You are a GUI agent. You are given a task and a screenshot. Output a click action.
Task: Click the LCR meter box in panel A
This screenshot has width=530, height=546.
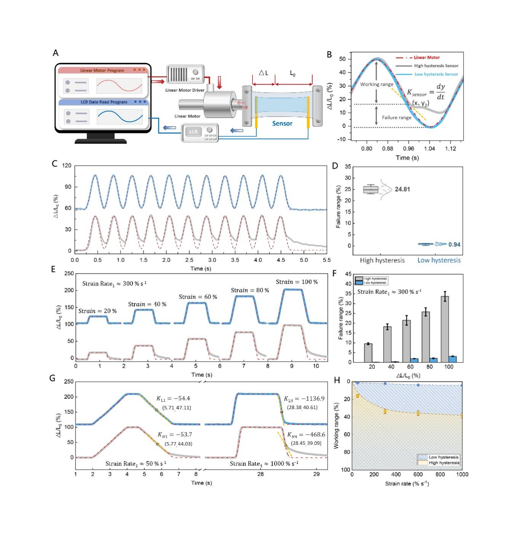(199, 133)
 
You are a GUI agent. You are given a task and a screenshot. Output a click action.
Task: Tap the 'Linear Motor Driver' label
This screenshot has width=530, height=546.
(185, 90)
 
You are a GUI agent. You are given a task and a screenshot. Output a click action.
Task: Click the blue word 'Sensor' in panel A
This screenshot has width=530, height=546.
(282, 123)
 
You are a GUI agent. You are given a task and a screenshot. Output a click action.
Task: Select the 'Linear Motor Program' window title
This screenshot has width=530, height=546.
(102, 70)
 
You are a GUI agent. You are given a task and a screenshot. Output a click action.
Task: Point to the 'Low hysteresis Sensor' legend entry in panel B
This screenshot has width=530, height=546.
(436, 74)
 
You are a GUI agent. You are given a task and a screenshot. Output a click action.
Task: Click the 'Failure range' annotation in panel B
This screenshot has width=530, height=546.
(397, 118)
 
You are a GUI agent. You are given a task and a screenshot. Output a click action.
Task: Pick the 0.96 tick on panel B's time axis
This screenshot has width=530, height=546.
(408, 148)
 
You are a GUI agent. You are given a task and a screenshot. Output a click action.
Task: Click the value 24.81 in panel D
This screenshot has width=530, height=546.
(402, 189)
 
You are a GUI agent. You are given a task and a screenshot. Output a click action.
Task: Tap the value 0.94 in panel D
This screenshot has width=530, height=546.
(454, 244)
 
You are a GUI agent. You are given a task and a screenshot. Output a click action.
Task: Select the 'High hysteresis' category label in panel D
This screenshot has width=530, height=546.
(382, 260)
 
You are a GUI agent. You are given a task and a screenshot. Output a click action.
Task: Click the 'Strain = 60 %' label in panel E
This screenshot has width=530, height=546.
(198, 297)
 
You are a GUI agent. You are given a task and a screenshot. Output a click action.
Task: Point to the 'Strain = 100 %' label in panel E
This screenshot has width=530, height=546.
(297, 282)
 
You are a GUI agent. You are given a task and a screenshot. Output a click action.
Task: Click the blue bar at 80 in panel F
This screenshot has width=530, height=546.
(433, 360)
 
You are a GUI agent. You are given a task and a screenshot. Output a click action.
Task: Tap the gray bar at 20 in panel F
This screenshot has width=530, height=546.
(368, 353)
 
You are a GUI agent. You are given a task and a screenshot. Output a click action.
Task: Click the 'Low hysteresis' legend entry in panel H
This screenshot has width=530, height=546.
(443, 457)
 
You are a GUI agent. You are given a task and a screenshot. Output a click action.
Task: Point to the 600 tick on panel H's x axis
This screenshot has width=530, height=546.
(418, 474)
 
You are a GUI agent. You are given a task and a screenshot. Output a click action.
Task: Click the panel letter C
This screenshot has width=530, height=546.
(55, 164)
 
